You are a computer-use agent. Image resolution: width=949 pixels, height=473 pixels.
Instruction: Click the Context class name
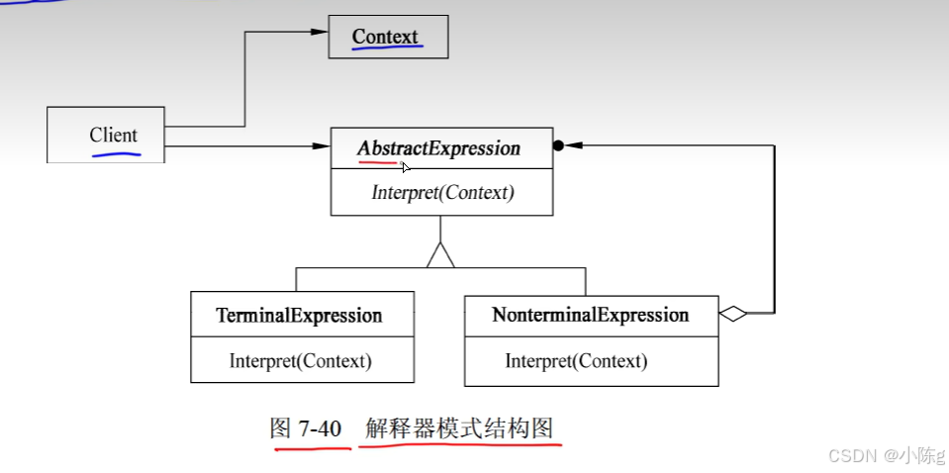386,37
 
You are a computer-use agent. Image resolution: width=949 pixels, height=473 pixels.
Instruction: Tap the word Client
114,136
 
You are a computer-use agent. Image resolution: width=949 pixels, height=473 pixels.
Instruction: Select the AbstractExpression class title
438,148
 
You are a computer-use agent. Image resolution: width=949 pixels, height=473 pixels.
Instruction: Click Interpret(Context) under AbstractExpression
442,192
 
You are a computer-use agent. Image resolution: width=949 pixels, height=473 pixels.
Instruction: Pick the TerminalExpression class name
299,316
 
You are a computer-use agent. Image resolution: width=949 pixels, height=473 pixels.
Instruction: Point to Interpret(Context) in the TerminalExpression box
300,361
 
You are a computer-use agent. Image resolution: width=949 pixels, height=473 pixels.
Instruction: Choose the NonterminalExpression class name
590,316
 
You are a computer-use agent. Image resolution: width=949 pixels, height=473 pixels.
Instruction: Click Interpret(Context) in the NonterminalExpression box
576,361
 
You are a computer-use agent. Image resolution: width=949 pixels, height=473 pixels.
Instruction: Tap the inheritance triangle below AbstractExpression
440,255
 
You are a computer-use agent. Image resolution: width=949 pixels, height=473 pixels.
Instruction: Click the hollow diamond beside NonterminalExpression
733,315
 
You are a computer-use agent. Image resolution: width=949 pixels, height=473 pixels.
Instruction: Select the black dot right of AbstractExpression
558,145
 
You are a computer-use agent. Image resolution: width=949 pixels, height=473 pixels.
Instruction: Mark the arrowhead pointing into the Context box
319,32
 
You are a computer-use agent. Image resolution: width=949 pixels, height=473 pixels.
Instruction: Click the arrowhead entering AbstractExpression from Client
321,146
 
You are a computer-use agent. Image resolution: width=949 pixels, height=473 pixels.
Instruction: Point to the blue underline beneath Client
116,153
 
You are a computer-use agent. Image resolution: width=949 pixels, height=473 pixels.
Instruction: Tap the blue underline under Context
386,47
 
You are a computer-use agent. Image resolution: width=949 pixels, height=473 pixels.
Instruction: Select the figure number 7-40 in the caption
320,428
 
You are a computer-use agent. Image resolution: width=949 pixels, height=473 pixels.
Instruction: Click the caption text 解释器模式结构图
458,428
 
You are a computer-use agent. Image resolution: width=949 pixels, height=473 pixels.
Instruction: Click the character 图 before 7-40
281,428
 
